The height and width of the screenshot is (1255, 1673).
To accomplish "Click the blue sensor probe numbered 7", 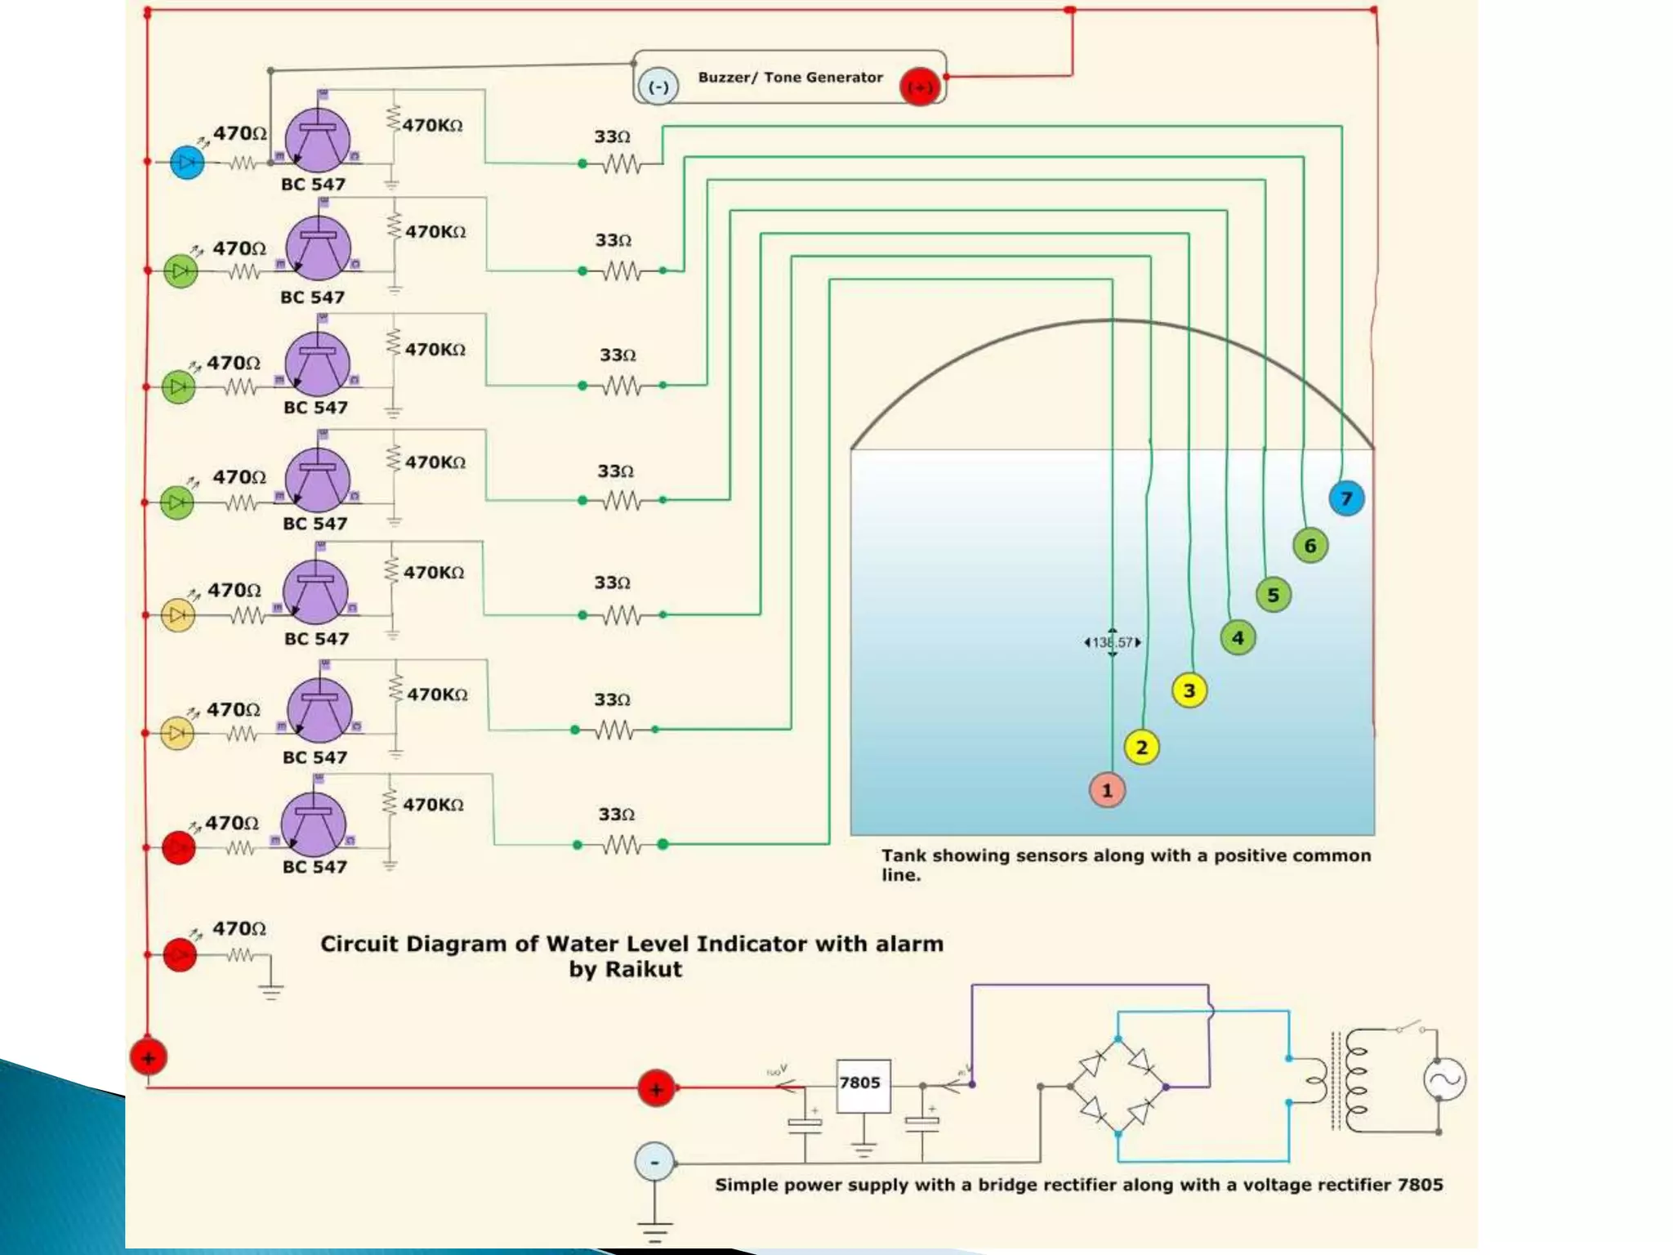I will pyautogui.click(x=1346, y=498).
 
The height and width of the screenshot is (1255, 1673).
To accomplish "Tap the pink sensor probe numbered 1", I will pyautogui.click(x=1107, y=790).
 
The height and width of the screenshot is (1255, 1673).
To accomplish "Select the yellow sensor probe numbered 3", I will pyautogui.click(x=1189, y=690).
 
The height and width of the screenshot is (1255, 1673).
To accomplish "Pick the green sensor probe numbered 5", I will pyautogui.click(x=1274, y=595).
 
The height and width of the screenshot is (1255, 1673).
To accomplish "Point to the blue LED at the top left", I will pyautogui.click(x=187, y=162).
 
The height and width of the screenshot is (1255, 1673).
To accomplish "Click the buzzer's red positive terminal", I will pyautogui.click(x=920, y=87).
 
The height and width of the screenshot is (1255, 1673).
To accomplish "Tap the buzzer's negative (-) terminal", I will pyautogui.click(x=658, y=87).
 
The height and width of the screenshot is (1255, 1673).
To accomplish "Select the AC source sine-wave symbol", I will pyautogui.click(x=1444, y=1079).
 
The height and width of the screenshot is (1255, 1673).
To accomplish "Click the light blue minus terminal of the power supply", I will pyautogui.click(x=654, y=1162).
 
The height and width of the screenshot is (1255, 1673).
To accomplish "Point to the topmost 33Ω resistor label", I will pyautogui.click(x=612, y=136).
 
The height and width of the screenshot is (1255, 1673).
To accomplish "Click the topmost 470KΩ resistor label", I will pyautogui.click(x=432, y=125).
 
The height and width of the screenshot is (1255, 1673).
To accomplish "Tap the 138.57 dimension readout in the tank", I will pyautogui.click(x=1113, y=642).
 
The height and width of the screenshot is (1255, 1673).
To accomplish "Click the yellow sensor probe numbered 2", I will pyautogui.click(x=1141, y=747).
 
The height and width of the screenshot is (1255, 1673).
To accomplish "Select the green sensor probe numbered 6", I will pyautogui.click(x=1310, y=546).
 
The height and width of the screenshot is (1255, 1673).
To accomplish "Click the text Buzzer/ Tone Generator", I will pyautogui.click(x=790, y=78).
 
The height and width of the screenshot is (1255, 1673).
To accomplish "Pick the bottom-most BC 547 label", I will pyautogui.click(x=315, y=867).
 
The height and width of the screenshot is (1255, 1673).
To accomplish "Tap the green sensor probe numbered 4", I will pyautogui.click(x=1238, y=637).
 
